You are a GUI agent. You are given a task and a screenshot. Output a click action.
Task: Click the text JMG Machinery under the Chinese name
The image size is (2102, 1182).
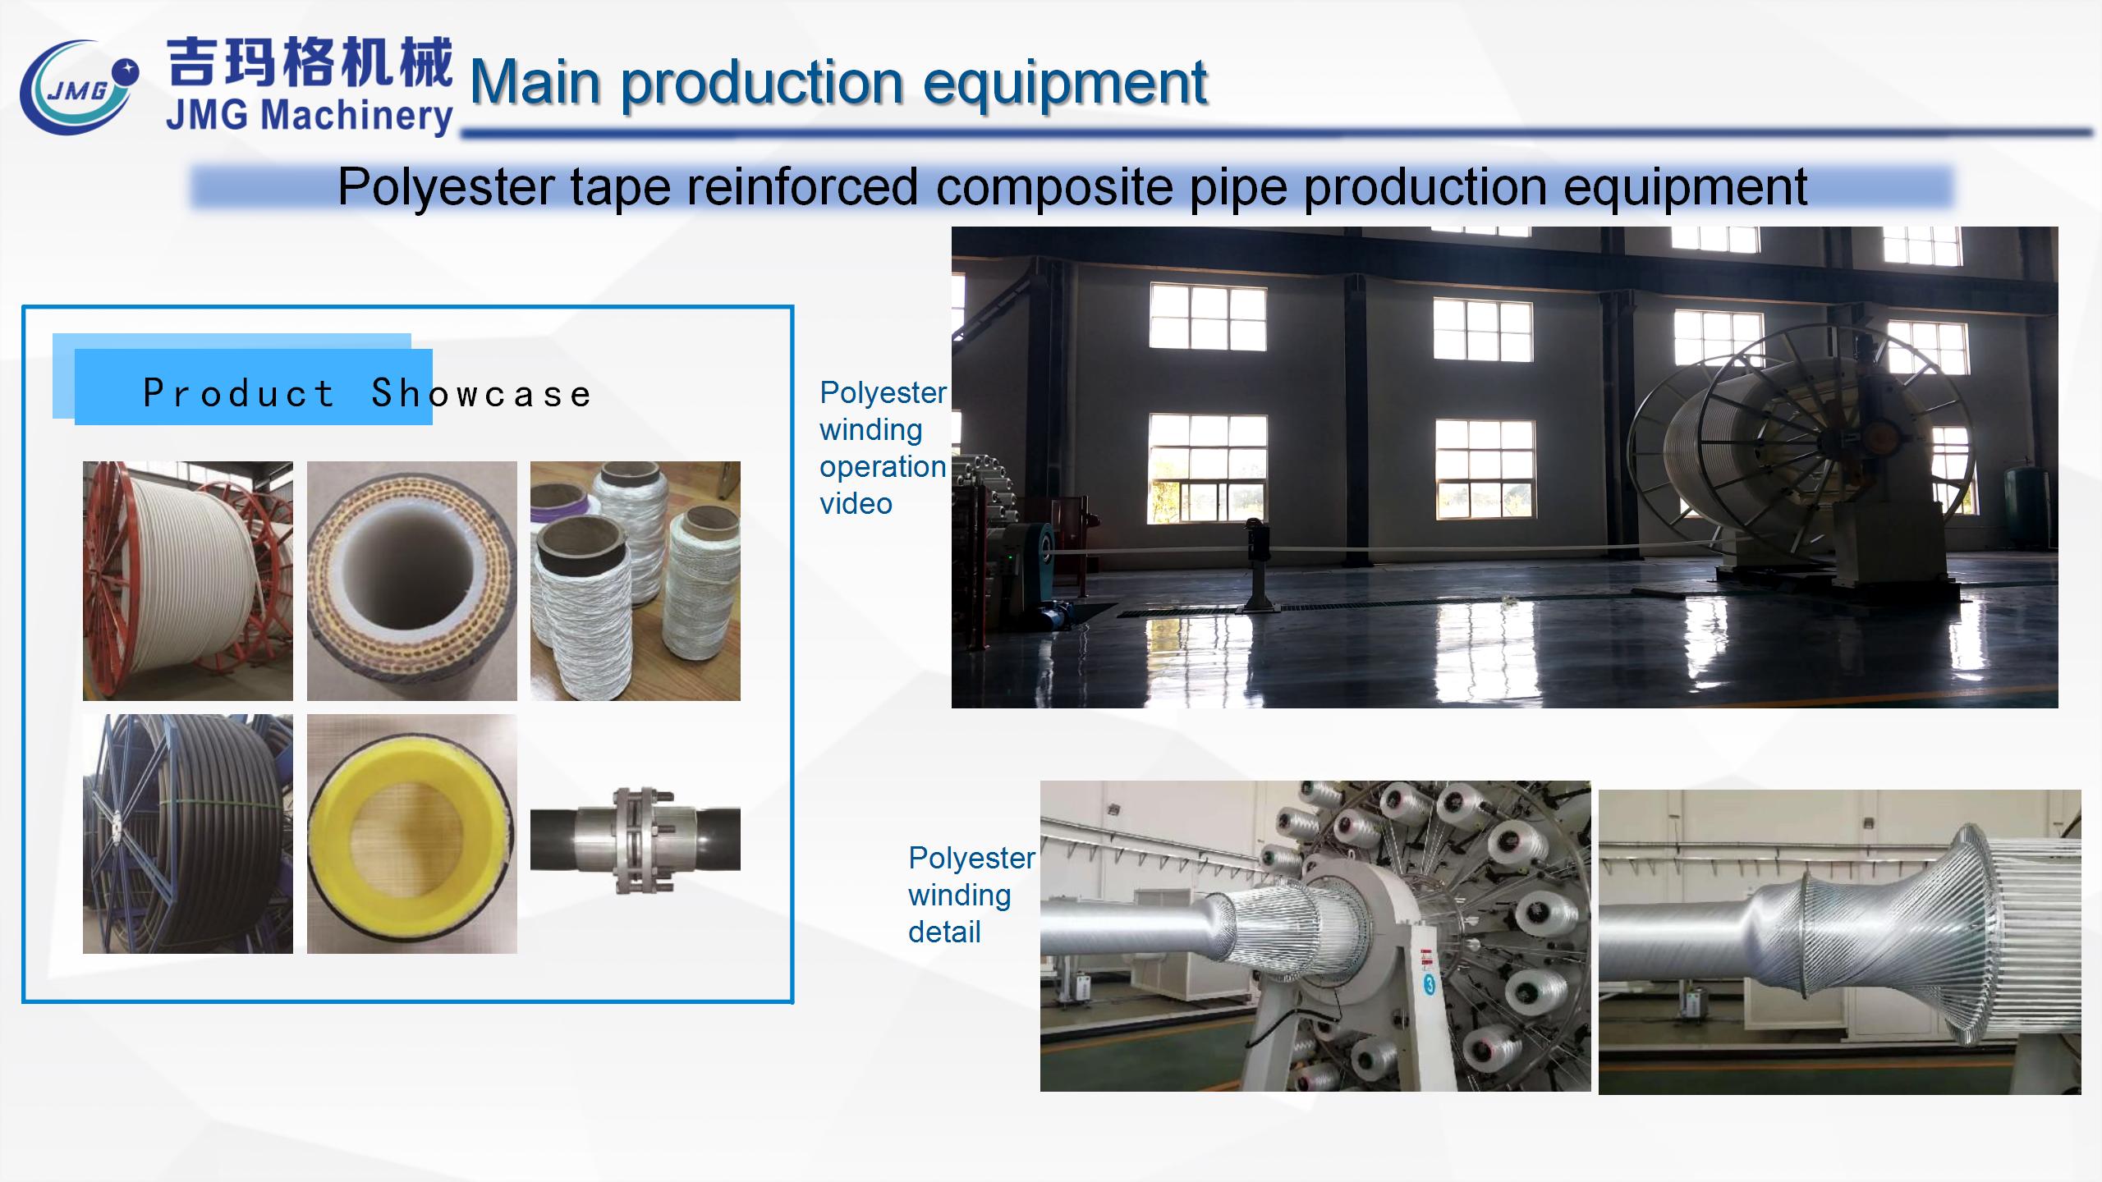[309, 116]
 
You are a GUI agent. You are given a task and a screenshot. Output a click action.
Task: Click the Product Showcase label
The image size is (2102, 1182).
[367, 393]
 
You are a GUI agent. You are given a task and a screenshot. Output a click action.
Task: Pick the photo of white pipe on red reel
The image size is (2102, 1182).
[188, 581]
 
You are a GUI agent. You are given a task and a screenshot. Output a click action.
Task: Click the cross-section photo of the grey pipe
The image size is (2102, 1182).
[412, 581]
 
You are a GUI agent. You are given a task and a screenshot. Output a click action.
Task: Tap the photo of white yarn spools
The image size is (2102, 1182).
[636, 581]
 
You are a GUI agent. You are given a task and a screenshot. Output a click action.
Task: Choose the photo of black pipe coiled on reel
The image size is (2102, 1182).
[188, 834]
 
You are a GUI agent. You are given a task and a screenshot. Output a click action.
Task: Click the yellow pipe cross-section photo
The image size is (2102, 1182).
[412, 834]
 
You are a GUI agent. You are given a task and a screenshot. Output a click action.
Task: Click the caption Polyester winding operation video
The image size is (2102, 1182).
[883, 448]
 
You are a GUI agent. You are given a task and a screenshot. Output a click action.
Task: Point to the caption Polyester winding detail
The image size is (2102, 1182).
[971, 895]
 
